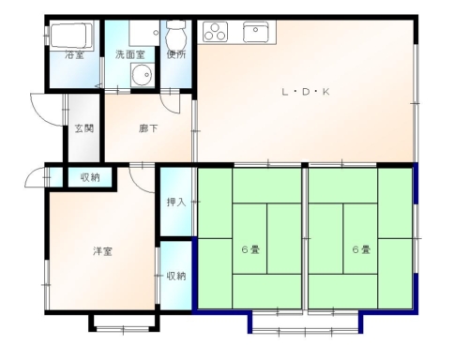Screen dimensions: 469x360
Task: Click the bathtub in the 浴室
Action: [71, 35]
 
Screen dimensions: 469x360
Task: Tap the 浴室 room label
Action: [74, 55]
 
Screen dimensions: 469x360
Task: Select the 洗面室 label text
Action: [130, 54]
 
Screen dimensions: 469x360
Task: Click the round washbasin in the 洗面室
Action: [142, 75]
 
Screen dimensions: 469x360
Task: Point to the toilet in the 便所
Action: [176, 36]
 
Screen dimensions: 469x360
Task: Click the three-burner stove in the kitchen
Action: [215, 32]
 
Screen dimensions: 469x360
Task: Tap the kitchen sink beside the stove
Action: [255, 32]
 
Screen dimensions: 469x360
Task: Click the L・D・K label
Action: [306, 92]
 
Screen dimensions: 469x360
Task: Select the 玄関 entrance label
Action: [84, 128]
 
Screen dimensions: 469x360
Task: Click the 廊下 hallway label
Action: [148, 128]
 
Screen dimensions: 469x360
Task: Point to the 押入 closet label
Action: [176, 202]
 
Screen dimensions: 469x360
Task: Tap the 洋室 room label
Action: [102, 251]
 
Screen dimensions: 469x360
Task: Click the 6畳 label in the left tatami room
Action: [250, 249]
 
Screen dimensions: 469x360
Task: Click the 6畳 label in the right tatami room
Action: [361, 249]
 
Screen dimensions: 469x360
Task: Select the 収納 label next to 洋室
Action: [176, 276]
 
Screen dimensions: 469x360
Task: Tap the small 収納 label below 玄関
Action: [90, 177]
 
